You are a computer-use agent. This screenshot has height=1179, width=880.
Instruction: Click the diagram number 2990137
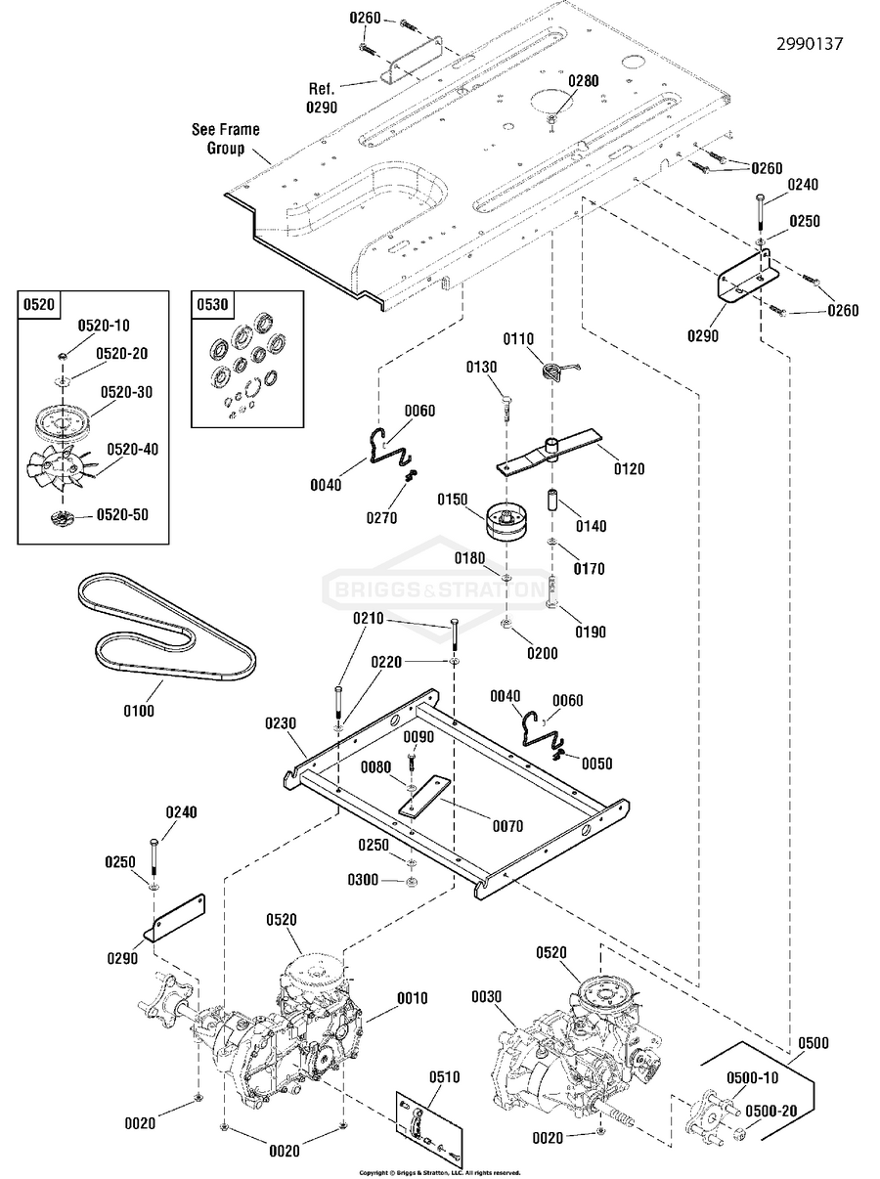click(x=810, y=44)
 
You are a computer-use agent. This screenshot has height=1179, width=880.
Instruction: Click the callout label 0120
click(x=629, y=469)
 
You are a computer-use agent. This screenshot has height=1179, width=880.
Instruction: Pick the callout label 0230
click(x=280, y=724)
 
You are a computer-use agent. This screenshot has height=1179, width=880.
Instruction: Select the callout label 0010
click(x=412, y=998)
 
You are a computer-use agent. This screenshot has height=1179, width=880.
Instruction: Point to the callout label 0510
click(x=445, y=1077)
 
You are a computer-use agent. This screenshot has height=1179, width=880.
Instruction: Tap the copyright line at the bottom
click(x=439, y=1172)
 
